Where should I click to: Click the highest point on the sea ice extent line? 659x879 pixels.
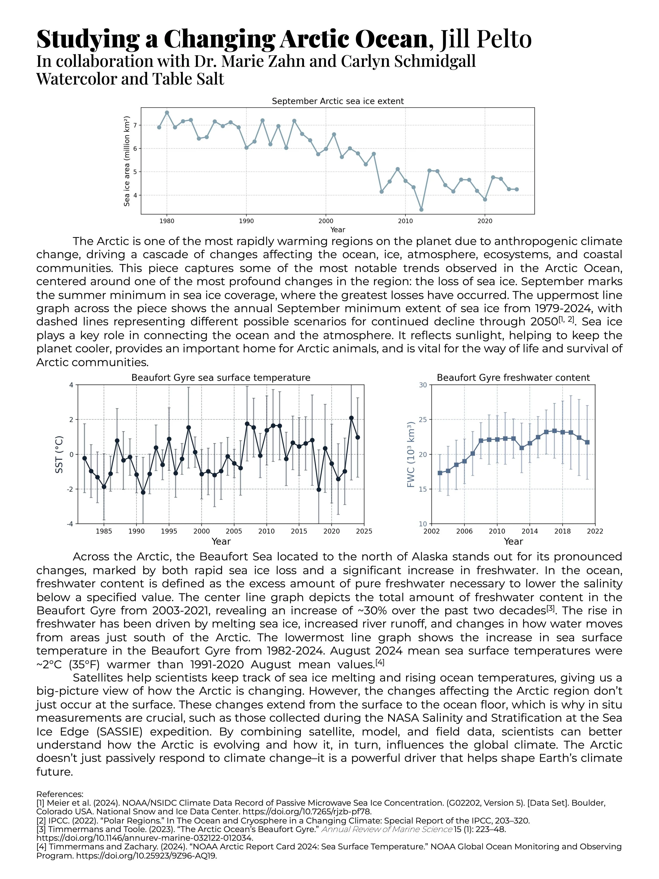tap(167, 112)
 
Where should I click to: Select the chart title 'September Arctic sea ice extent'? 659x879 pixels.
tap(338, 101)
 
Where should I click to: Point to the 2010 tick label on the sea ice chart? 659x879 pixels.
tap(405, 221)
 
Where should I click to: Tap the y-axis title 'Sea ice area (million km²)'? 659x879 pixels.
tap(127, 161)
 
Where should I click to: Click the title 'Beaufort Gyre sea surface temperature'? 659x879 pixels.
tap(221, 377)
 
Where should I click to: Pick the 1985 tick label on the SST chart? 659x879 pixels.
tap(104, 531)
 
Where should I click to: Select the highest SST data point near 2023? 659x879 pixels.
tap(351, 418)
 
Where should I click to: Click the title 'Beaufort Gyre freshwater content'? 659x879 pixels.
tap(513, 377)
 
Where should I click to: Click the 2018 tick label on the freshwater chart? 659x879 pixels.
tap(563, 531)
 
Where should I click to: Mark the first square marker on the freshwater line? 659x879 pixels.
tap(440, 473)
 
